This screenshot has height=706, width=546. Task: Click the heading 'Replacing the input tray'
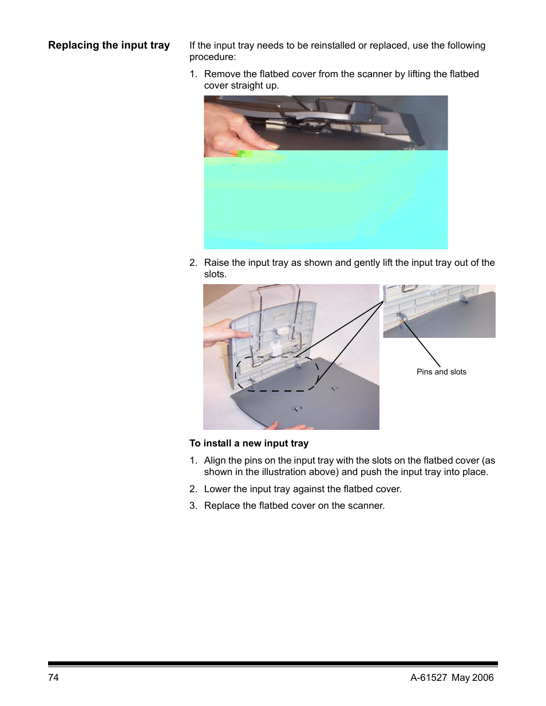point(109,45)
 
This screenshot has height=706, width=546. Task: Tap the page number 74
point(53,677)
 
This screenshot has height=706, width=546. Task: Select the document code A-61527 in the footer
point(429,677)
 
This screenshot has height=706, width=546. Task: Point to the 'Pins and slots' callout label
point(441,372)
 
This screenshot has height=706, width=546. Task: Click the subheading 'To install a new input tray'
point(249,443)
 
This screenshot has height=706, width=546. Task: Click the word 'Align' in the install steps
point(215,460)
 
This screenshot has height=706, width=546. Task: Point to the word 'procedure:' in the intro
point(213,57)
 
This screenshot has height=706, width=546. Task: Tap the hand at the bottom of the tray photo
point(291,425)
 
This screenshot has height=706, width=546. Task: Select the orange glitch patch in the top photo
point(235,154)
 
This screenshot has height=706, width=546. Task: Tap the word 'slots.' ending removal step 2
point(215,274)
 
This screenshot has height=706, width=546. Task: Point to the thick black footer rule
point(273,664)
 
